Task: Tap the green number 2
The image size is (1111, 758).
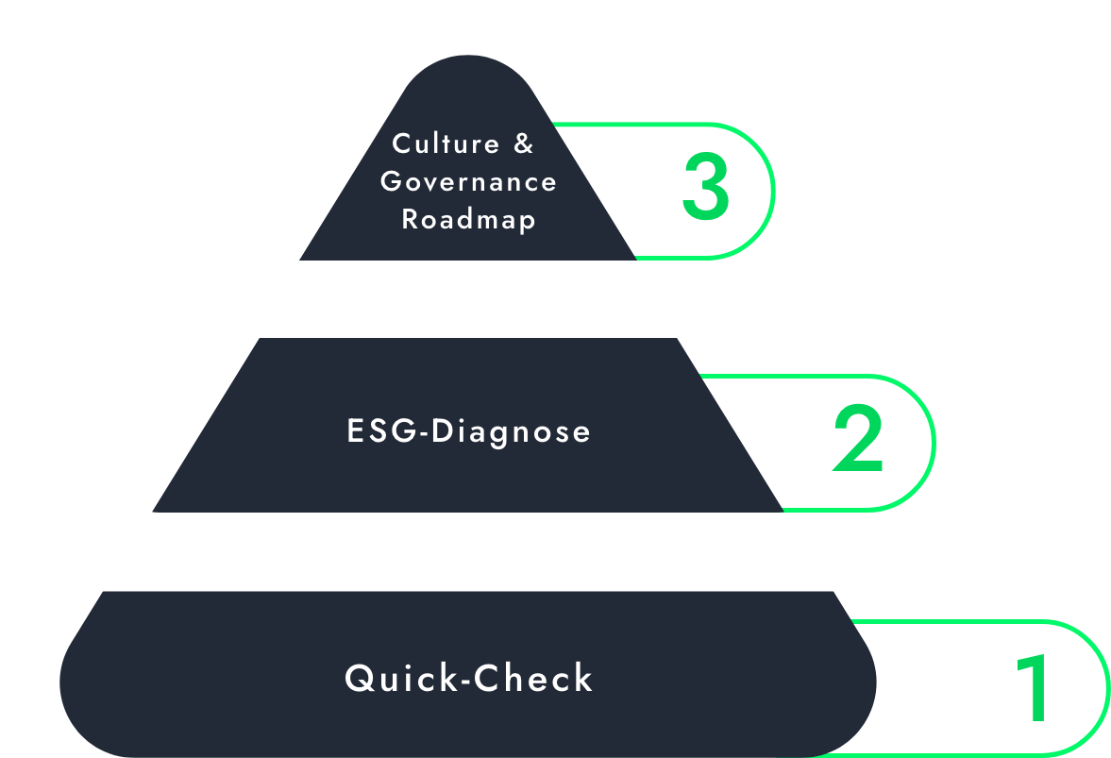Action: (x=858, y=440)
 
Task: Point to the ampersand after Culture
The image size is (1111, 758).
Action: (x=524, y=144)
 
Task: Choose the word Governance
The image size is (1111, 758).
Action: (x=468, y=181)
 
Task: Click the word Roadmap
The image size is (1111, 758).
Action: (x=468, y=219)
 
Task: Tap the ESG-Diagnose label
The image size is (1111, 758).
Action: (x=468, y=431)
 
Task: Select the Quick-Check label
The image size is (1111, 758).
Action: (x=468, y=679)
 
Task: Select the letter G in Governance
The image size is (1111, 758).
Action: (x=391, y=181)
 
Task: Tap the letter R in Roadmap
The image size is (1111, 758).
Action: (x=410, y=219)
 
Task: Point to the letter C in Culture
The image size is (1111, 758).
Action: (x=402, y=144)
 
